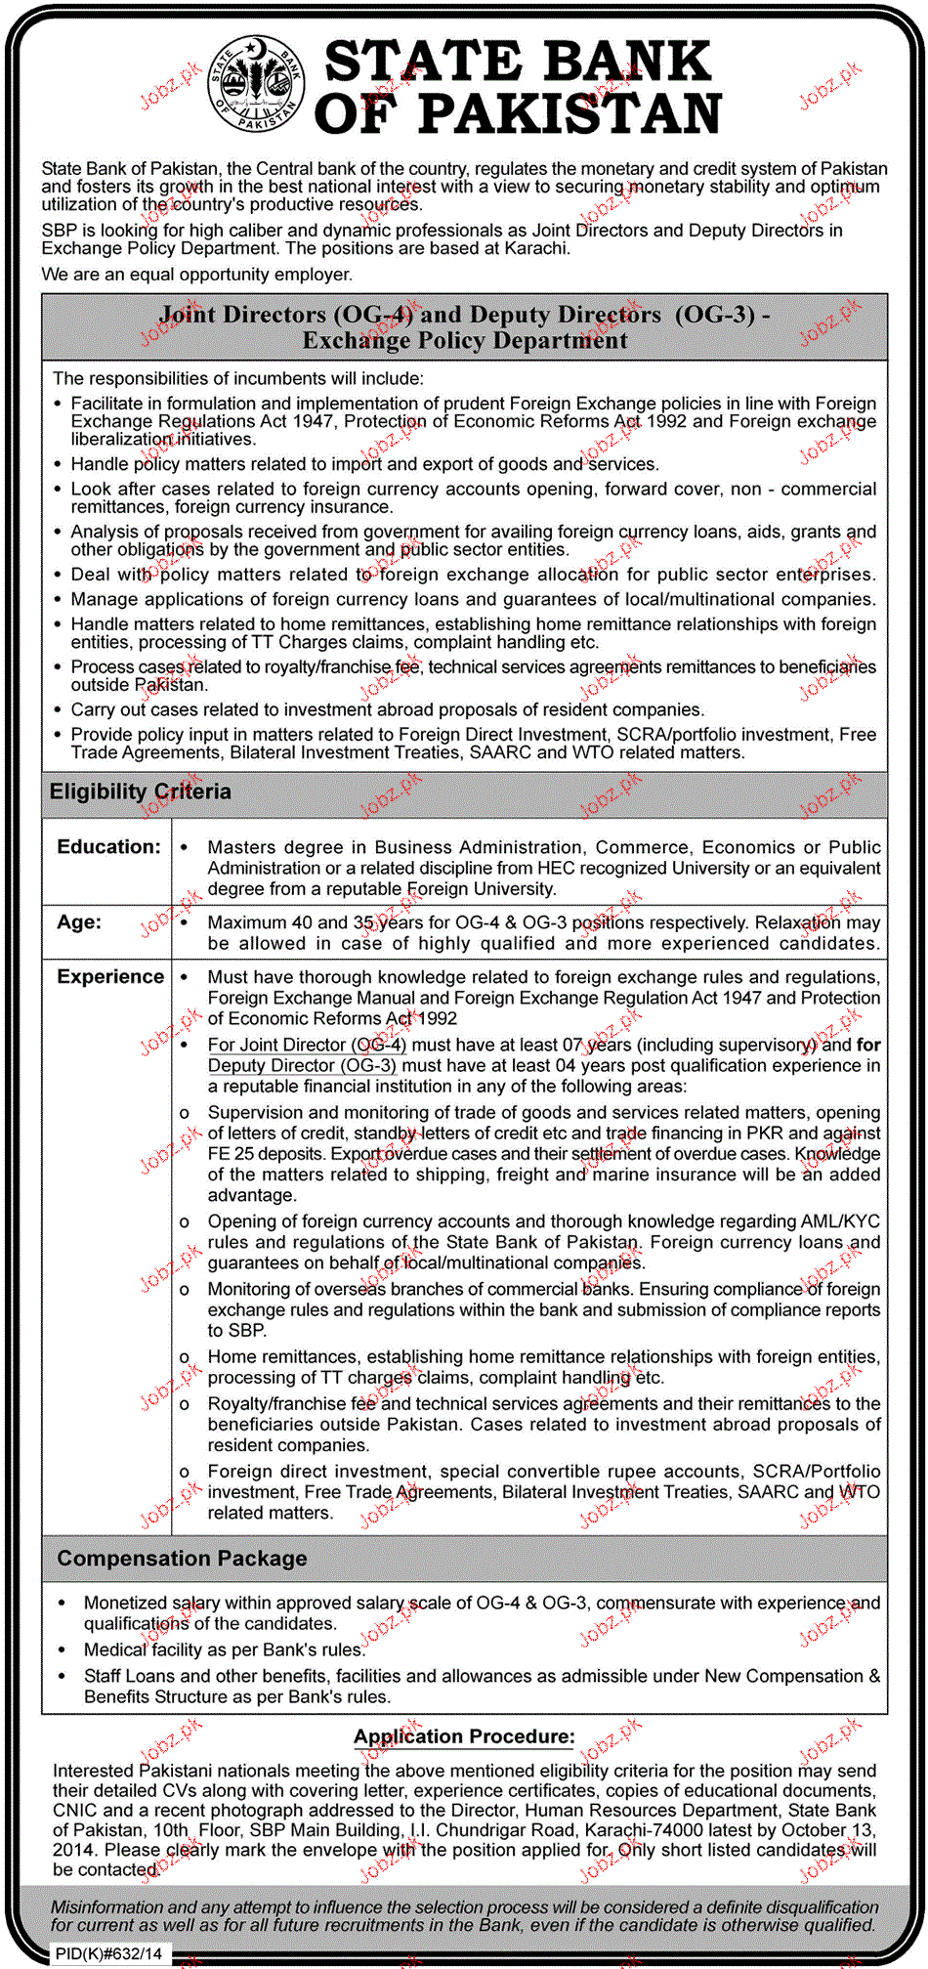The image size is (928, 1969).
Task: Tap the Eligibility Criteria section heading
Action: click(x=141, y=792)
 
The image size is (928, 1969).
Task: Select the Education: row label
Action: click(x=108, y=847)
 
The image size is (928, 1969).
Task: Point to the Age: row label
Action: click(x=79, y=922)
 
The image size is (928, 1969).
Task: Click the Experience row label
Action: click(x=110, y=977)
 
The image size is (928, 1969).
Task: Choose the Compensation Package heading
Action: click(x=182, y=1559)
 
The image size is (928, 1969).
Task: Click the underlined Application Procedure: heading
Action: click(x=464, y=1736)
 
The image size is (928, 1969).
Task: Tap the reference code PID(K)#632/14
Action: click(x=109, y=1954)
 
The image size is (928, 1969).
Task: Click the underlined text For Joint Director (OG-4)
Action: click(x=307, y=1046)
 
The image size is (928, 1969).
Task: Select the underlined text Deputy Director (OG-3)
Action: click(x=302, y=1066)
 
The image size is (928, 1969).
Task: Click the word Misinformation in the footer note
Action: click(x=106, y=1906)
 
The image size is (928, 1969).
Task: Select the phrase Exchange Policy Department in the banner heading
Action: click(x=465, y=341)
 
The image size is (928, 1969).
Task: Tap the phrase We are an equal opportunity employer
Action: click(x=196, y=275)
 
